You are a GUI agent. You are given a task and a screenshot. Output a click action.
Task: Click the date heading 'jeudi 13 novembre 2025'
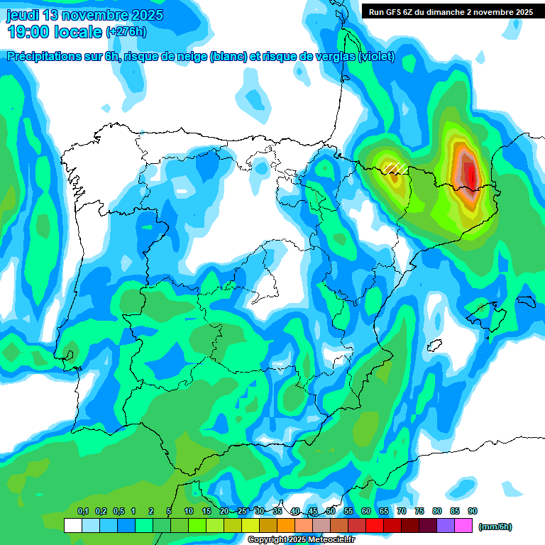[84, 15]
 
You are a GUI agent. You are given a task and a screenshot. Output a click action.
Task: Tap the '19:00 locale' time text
[54, 32]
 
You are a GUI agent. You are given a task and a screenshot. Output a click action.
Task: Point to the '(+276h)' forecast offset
[126, 32]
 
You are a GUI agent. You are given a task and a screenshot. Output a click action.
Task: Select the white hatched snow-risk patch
[395, 167]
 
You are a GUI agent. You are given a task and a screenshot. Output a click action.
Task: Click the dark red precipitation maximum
[470, 172]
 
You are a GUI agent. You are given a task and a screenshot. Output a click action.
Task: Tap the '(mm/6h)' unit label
[495, 527]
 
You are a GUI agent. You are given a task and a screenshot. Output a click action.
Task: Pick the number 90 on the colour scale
[473, 512]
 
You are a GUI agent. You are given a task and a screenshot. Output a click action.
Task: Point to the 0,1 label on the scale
[82, 512]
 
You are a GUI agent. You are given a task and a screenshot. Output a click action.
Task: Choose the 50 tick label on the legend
[331, 512]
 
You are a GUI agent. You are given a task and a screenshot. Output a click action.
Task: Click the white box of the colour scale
[72, 526]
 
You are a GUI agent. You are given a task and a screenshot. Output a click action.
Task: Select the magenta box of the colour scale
[463, 526]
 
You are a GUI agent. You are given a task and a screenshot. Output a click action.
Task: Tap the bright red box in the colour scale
[375, 526]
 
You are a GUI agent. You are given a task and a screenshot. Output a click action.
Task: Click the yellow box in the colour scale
[250, 526]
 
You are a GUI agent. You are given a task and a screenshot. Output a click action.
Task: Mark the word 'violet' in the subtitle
[376, 57]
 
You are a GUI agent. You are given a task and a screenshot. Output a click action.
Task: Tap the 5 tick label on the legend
[169, 512]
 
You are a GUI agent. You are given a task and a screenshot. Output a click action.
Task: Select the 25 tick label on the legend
[242, 512]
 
